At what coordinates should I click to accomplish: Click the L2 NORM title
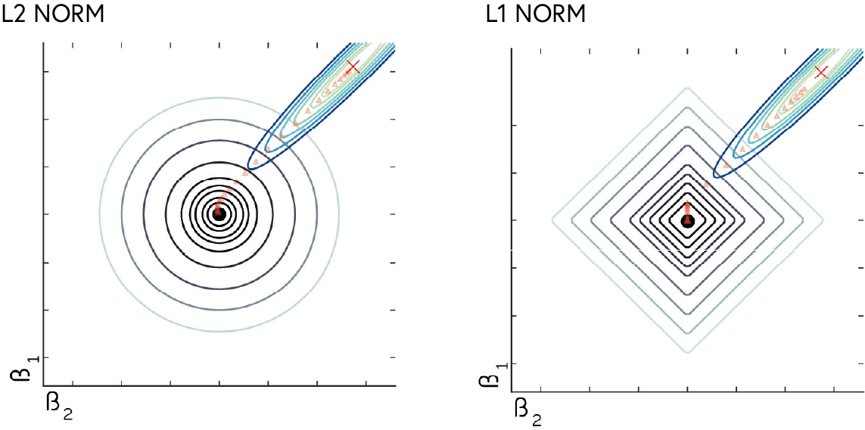53,12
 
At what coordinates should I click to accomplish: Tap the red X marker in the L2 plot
353,67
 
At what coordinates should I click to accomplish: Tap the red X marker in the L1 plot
821,73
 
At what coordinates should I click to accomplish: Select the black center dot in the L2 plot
219,215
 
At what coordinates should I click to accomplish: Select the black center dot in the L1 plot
687,221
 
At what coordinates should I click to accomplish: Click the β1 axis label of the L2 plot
20,370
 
